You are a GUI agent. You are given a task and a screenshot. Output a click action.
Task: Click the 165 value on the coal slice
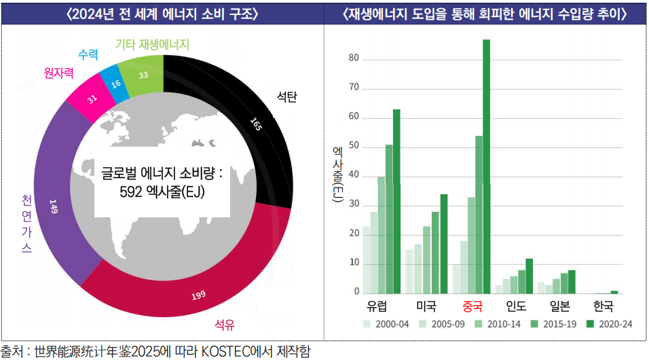tap(255, 125)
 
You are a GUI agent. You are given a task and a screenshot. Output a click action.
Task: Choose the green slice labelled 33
tap(143, 75)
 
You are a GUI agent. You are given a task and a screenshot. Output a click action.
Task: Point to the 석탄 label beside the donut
tap(286, 96)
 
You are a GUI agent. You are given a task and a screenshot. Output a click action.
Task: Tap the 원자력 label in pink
tap(58, 72)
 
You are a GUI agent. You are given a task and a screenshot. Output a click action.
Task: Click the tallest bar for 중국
tap(486, 166)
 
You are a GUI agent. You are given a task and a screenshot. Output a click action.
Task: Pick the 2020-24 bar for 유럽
tap(396, 201)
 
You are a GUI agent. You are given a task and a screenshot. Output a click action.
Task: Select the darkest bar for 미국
tap(444, 243)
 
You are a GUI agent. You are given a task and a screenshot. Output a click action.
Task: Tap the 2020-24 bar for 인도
tap(529, 275)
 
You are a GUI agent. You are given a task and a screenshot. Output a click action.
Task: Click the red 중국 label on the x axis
tap(472, 306)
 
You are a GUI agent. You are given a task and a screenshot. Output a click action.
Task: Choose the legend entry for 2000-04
tap(386, 324)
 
